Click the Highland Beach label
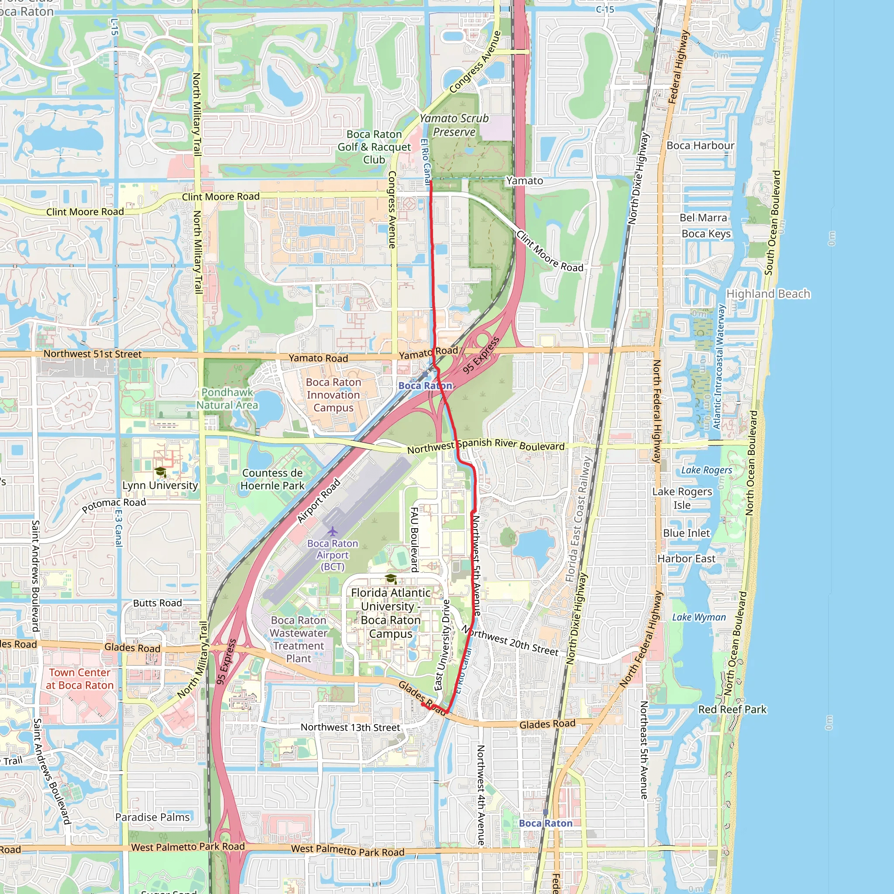768,294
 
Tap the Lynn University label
160,485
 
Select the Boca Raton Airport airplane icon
332,530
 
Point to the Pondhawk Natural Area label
227,399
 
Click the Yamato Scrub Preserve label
454,125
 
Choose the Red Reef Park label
732,709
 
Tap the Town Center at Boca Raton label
79,679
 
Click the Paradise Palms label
152,817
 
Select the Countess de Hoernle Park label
272,479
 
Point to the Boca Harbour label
700,145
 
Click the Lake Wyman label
699,617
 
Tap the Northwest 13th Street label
350,727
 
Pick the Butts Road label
157,603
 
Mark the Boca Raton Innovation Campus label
333,395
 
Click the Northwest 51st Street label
93,354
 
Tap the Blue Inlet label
686,533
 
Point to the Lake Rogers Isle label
682,498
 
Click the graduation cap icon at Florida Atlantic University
391,579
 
